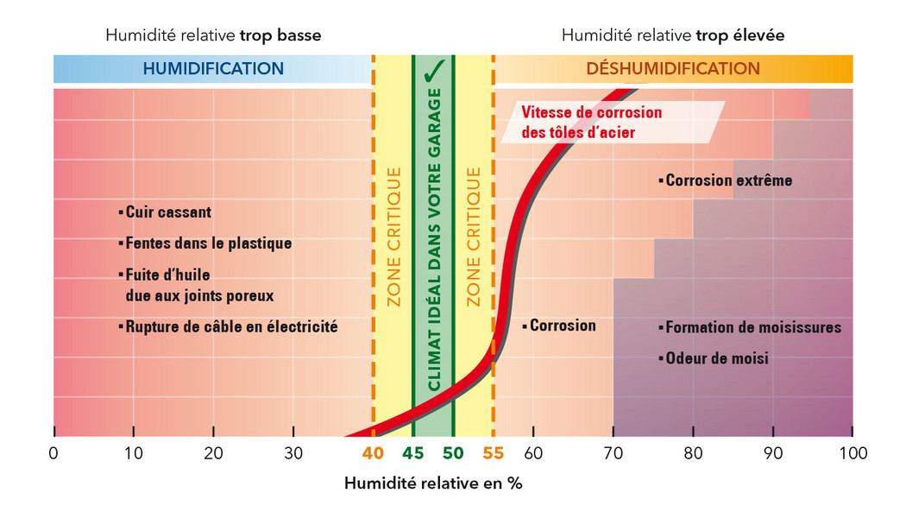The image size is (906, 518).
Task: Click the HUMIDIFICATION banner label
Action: (213, 68)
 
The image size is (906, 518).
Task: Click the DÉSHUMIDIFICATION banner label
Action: (673, 68)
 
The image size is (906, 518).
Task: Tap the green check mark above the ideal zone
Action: (434, 69)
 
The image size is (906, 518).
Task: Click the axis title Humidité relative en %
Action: (433, 483)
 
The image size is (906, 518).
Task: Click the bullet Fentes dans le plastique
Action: (208, 243)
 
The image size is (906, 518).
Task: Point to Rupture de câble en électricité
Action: (231, 327)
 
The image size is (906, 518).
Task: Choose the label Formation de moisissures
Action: (752, 328)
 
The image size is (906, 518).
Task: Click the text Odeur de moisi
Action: (716, 357)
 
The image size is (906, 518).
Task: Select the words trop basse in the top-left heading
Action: (280, 35)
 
